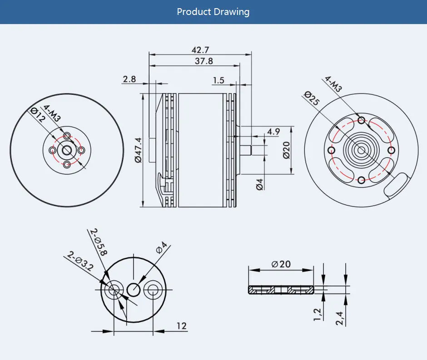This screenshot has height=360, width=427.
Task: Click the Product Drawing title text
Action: [213, 12]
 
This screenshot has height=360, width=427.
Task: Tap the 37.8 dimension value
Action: [204, 61]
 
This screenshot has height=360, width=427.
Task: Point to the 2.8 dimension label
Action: [129, 79]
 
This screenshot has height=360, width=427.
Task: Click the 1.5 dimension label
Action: [218, 80]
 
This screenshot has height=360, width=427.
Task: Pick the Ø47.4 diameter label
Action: [138, 149]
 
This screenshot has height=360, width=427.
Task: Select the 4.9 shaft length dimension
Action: [273, 132]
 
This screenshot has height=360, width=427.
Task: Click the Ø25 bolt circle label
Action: [312, 99]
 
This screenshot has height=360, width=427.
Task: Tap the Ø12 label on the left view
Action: [38, 115]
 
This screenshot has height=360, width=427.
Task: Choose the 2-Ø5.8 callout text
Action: [98, 242]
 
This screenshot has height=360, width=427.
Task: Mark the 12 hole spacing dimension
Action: [181, 326]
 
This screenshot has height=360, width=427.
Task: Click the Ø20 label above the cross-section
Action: [281, 264]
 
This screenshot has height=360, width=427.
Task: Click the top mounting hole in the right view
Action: [361, 120]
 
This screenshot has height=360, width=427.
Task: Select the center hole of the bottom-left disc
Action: [134, 289]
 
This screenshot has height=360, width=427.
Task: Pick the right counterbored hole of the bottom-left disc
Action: [153, 289]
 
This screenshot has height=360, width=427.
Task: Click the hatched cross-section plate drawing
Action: [281, 290]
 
